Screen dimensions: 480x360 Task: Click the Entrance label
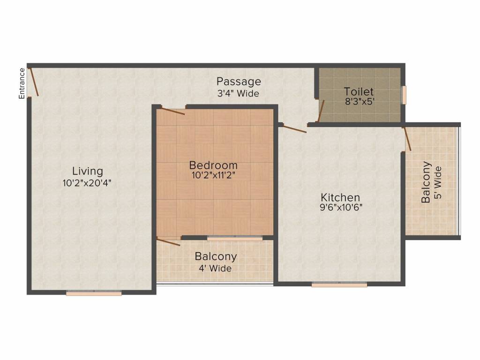22,83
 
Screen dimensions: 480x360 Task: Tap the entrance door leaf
33,82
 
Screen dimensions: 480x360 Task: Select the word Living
88,172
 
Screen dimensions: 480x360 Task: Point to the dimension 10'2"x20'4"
87,183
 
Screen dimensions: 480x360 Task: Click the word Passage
239,82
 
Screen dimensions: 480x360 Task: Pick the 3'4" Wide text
238,93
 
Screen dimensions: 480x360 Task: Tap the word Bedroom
213,165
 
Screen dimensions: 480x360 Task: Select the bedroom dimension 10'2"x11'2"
213,175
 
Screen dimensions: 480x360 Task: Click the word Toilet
359,91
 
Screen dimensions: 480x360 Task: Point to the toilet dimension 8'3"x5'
360,101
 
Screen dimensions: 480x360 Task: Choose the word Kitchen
340,197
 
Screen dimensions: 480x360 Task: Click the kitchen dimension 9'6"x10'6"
341,207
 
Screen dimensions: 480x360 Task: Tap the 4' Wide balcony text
215,269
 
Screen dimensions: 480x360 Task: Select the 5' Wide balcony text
438,182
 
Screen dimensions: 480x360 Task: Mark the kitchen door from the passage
294,128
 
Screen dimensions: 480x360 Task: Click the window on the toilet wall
404,95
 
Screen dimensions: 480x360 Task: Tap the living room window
94,293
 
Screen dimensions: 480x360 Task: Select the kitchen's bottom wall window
339,285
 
